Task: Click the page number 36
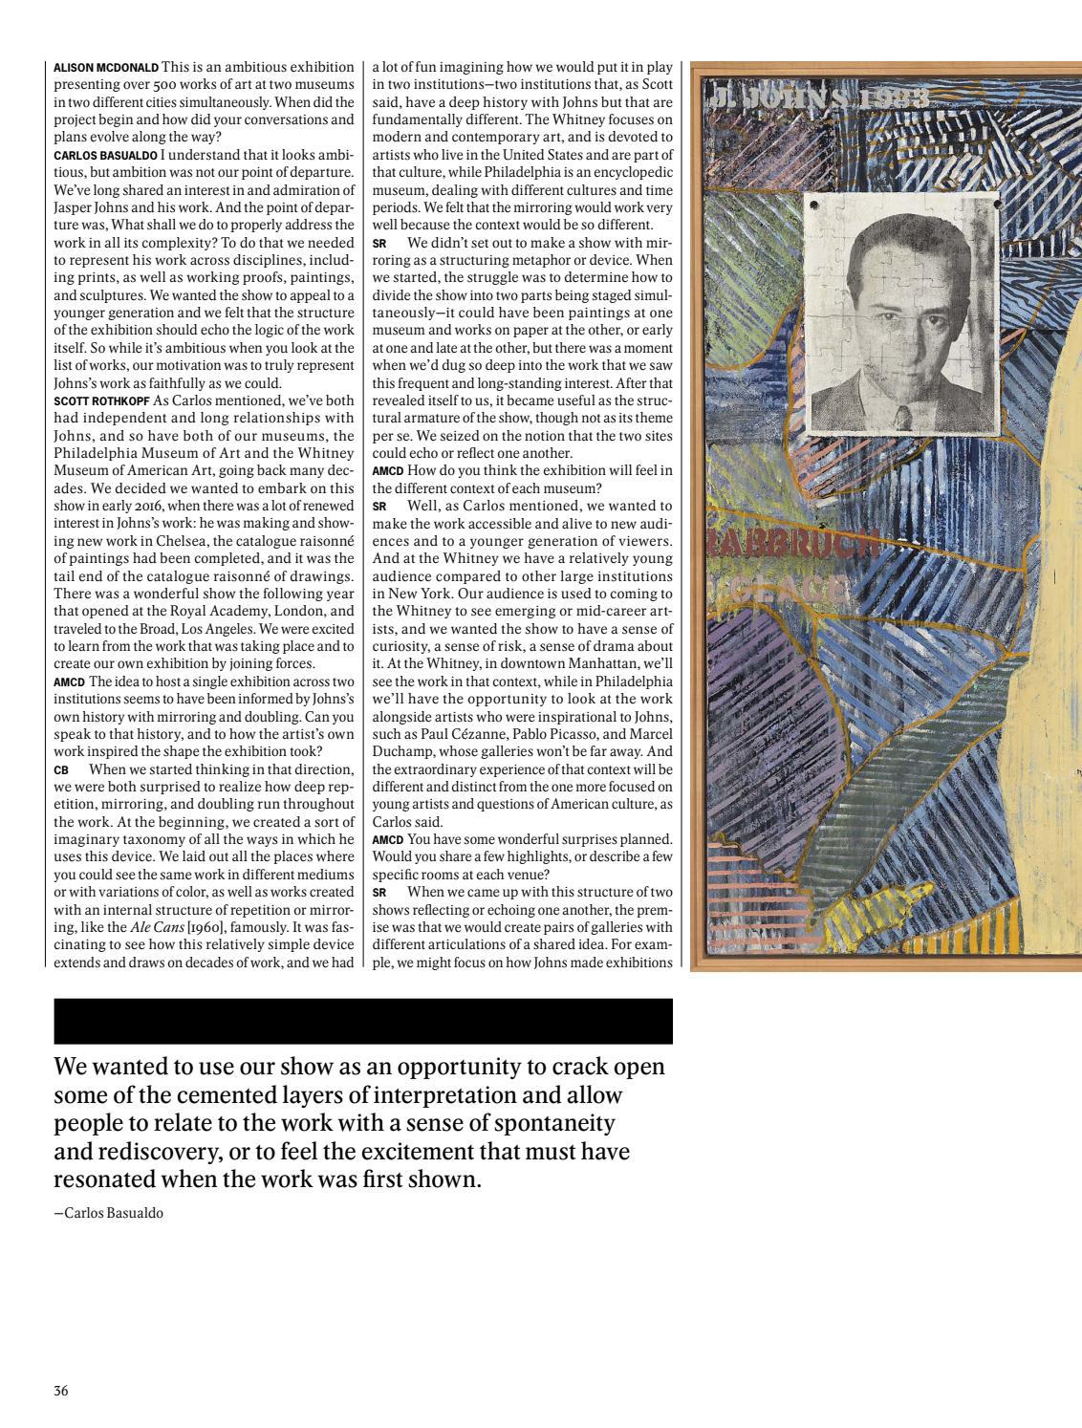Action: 61,1391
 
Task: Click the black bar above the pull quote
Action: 363,1021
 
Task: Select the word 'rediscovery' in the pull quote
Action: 149,1151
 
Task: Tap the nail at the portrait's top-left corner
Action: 813,205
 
